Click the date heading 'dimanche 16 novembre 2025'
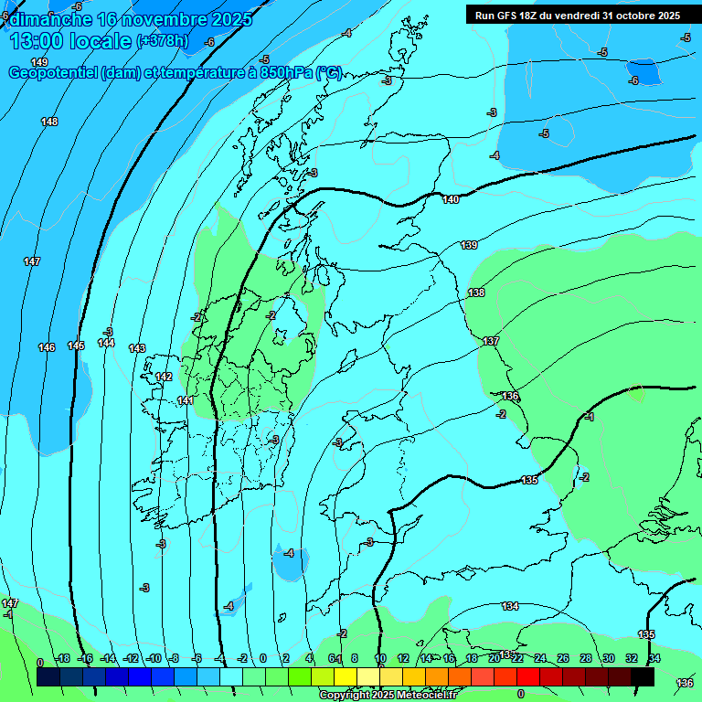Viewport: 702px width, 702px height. (x=128, y=18)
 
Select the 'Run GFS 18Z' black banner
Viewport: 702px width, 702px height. (x=577, y=15)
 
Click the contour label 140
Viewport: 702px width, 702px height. (x=451, y=199)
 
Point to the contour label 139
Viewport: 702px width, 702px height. (x=469, y=245)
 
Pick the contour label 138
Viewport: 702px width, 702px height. (x=476, y=292)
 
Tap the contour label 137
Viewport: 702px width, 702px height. (x=491, y=341)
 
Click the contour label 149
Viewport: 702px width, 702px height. (x=39, y=62)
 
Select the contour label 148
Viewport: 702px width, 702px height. (x=49, y=122)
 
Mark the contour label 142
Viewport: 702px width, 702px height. (x=164, y=377)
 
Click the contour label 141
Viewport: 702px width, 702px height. (x=186, y=400)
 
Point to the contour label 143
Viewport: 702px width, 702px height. (x=137, y=348)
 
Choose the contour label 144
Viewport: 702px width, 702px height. (x=106, y=343)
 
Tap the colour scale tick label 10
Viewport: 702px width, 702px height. (x=379, y=658)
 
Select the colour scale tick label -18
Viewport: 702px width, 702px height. (x=63, y=658)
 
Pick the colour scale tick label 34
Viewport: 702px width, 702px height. (x=654, y=658)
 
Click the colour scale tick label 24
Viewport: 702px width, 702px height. (x=540, y=658)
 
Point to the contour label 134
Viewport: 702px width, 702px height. (x=510, y=606)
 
